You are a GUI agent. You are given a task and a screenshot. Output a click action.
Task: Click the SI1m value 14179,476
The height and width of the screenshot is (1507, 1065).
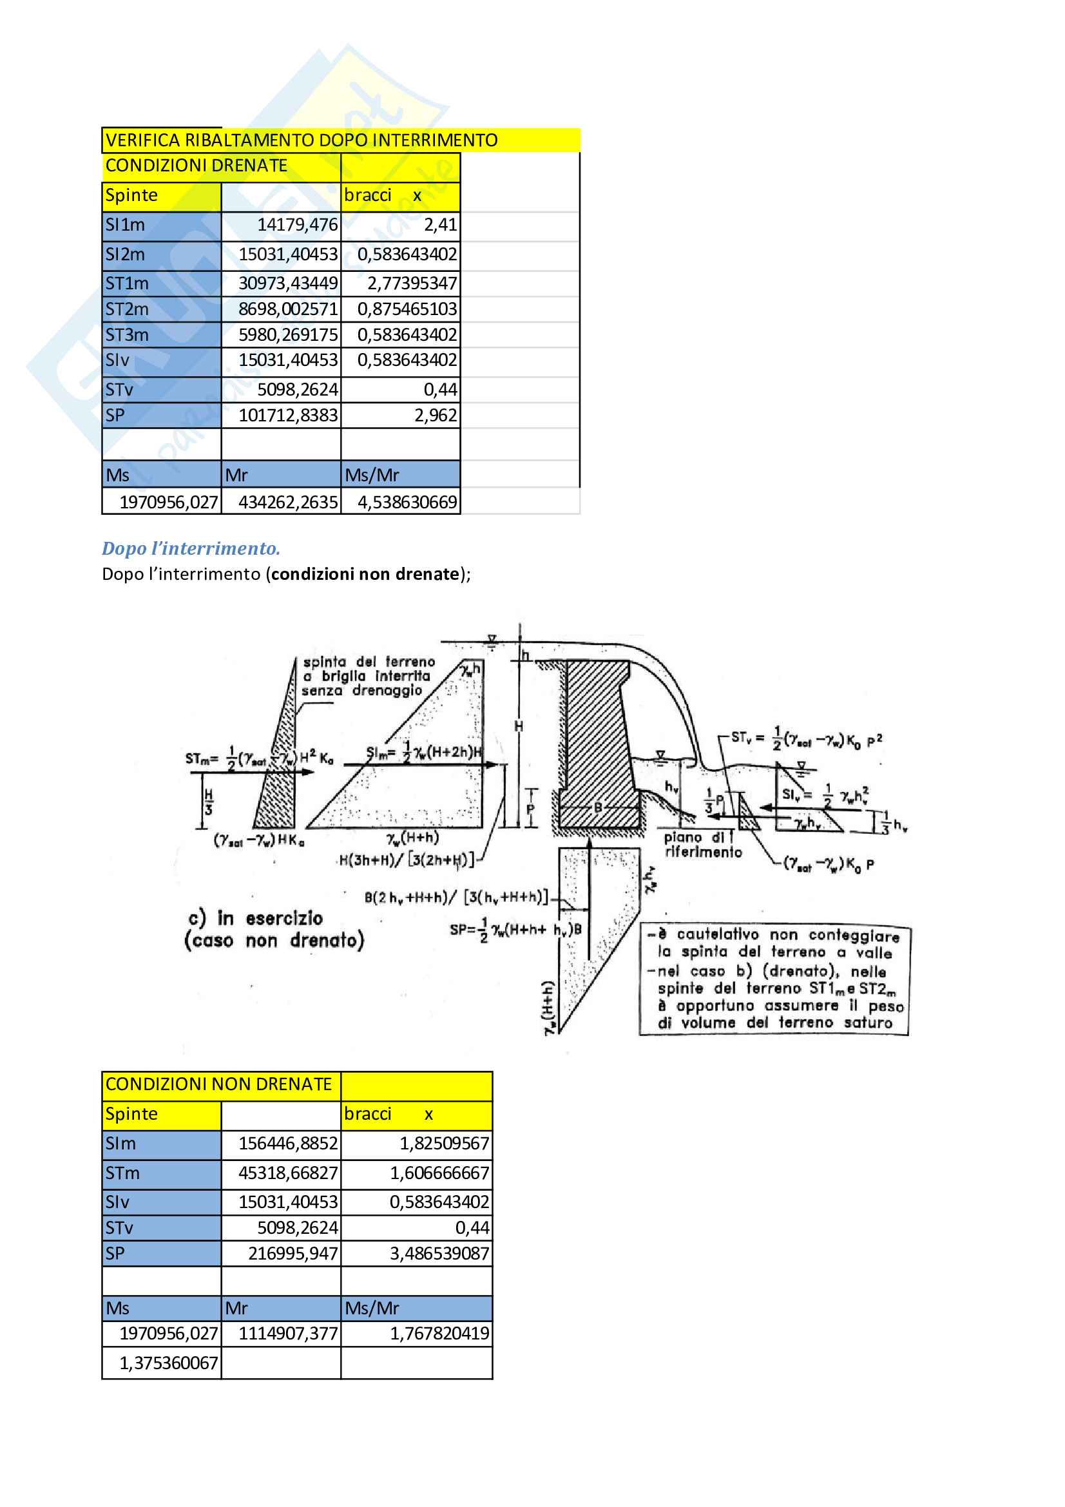[297, 225]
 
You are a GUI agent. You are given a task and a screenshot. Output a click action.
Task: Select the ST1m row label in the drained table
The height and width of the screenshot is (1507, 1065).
[128, 283]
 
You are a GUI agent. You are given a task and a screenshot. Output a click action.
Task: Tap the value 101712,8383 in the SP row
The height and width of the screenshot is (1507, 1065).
[288, 416]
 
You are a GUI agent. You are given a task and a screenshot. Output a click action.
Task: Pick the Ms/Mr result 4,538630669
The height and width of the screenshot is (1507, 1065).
[407, 502]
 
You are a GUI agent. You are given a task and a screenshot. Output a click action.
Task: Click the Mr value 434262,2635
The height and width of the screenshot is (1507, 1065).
[288, 502]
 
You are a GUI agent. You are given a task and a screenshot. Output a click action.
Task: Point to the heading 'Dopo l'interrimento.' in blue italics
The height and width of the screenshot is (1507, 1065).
[191, 548]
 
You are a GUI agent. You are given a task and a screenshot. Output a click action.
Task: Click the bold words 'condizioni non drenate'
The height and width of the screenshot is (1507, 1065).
[365, 574]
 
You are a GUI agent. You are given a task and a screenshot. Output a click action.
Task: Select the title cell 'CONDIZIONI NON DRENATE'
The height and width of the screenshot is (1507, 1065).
[218, 1084]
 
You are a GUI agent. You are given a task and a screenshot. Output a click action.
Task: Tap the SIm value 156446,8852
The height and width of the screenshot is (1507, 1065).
[288, 1144]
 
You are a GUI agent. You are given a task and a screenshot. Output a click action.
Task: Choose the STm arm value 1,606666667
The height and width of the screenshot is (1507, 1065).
[439, 1173]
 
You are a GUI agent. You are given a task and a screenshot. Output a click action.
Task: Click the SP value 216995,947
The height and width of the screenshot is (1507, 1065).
[293, 1254]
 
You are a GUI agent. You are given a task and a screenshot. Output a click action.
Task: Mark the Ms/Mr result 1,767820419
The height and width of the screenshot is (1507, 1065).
[439, 1333]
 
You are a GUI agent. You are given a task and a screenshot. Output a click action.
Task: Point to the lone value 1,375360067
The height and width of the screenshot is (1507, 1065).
[169, 1363]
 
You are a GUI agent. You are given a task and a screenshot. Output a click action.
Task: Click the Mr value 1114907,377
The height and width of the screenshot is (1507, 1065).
[288, 1333]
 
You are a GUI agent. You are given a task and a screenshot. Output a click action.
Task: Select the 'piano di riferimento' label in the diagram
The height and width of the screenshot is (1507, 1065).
[702, 845]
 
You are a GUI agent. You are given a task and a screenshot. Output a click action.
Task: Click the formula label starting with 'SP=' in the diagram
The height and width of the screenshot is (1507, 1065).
[515, 930]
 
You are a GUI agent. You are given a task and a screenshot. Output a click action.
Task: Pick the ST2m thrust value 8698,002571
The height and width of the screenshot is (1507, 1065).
[288, 309]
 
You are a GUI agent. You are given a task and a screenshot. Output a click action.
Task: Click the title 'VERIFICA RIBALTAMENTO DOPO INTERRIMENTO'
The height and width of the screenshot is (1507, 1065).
[301, 140]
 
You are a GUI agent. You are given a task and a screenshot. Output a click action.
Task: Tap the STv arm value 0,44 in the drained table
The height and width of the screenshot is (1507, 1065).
[440, 390]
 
